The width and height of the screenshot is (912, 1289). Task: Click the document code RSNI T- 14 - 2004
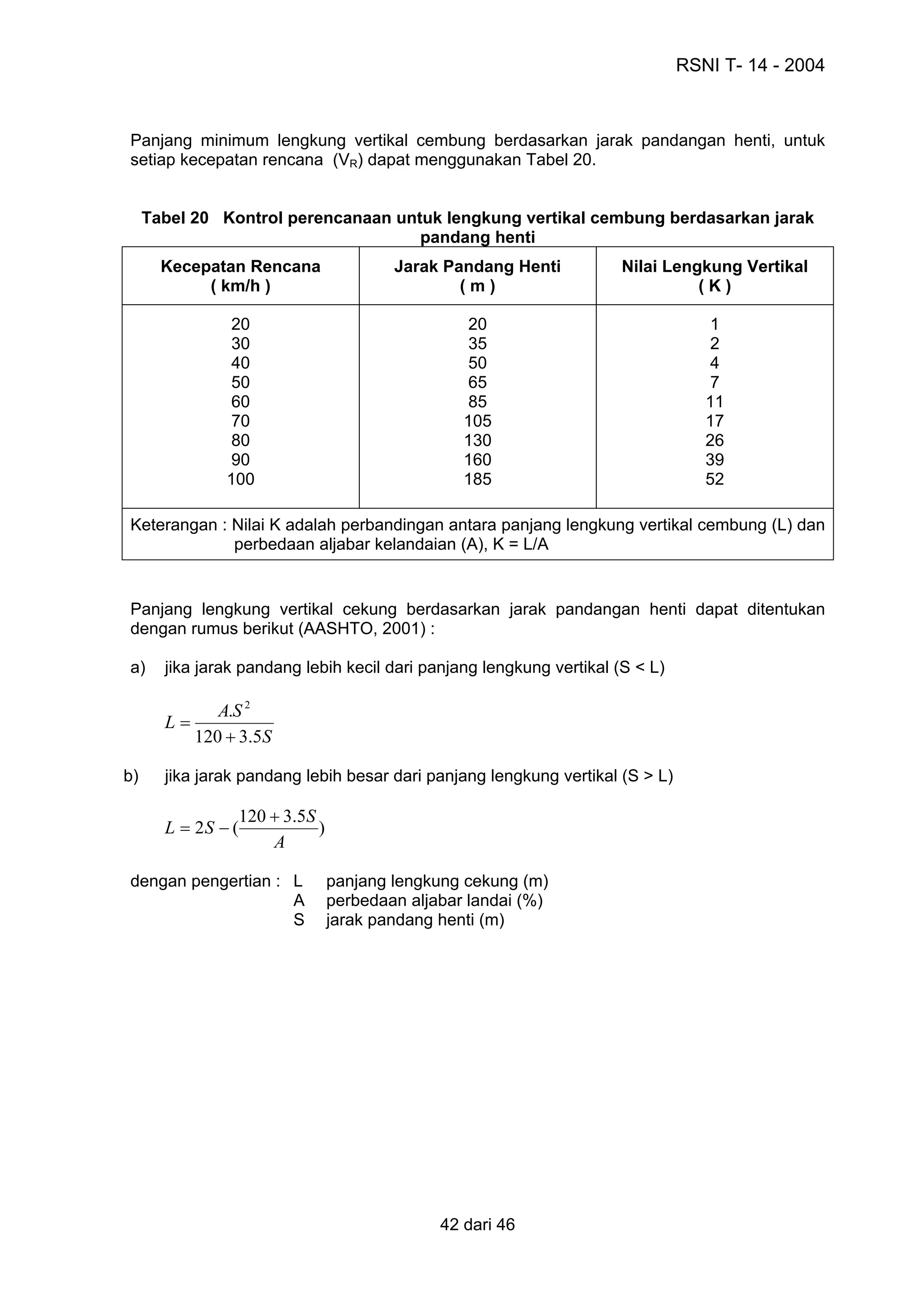749,66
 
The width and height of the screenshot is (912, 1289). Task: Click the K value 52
714,479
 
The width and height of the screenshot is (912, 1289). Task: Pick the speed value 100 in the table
240,479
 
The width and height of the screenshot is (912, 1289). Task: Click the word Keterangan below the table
173,525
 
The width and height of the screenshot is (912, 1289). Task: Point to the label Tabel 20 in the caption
175,218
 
